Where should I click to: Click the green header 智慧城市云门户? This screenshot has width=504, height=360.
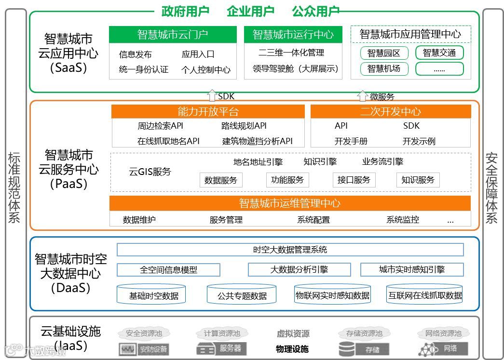click(173, 35)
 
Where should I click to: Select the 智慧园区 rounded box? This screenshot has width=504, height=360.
click(384, 53)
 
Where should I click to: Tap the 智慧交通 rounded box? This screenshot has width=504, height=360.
click(439, 53)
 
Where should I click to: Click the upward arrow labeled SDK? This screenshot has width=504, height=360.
click(211, 95)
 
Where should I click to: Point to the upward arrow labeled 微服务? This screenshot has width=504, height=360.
click(363, 95)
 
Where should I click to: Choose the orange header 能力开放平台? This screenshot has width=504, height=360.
click(208, 112)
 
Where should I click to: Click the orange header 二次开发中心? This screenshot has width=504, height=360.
click(390, 112)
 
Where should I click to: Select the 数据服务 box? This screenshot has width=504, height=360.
click(221, 180)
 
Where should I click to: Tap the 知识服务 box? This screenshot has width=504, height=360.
click(418, 180)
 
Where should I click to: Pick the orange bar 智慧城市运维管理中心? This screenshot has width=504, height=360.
click(290, 203)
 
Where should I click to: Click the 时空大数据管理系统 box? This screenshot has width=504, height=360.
click(290, 250)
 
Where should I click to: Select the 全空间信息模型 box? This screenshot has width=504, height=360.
click(168, 270)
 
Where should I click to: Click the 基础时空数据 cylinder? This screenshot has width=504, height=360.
click(150, 295)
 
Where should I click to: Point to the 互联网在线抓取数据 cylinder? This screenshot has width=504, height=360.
click(425, 295)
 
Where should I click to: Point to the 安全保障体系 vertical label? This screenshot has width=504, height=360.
click(491, 187)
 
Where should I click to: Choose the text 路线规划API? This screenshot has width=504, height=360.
click(244, 126)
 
